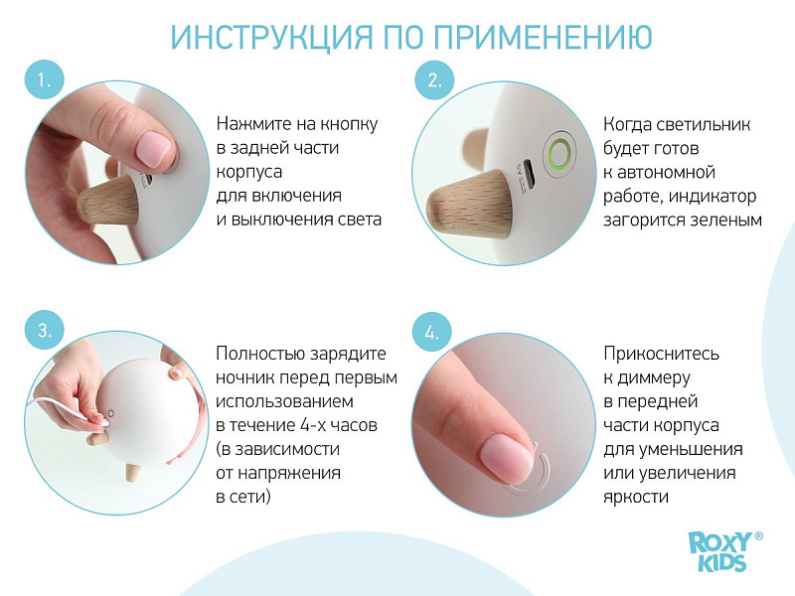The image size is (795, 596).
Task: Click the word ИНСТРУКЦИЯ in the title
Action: tap(271, 37)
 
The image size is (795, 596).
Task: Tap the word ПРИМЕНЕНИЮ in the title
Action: tap(543, 37)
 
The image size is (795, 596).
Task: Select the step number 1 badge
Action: tap(44, 80)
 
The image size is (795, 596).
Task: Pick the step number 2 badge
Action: tap(434, 80)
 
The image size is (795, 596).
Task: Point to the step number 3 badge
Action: tap(44, 330)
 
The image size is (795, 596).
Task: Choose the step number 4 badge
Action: tap(431, 333)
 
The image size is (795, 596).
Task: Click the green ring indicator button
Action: tap(559, 153)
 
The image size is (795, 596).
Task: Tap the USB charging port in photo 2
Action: tap(528, 175)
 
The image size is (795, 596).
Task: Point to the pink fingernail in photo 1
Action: tap(154, 148)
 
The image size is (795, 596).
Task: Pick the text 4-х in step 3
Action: tap(313, 425)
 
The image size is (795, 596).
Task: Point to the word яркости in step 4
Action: tap(636, 497)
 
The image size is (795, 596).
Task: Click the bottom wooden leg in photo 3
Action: tap(132, 473)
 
